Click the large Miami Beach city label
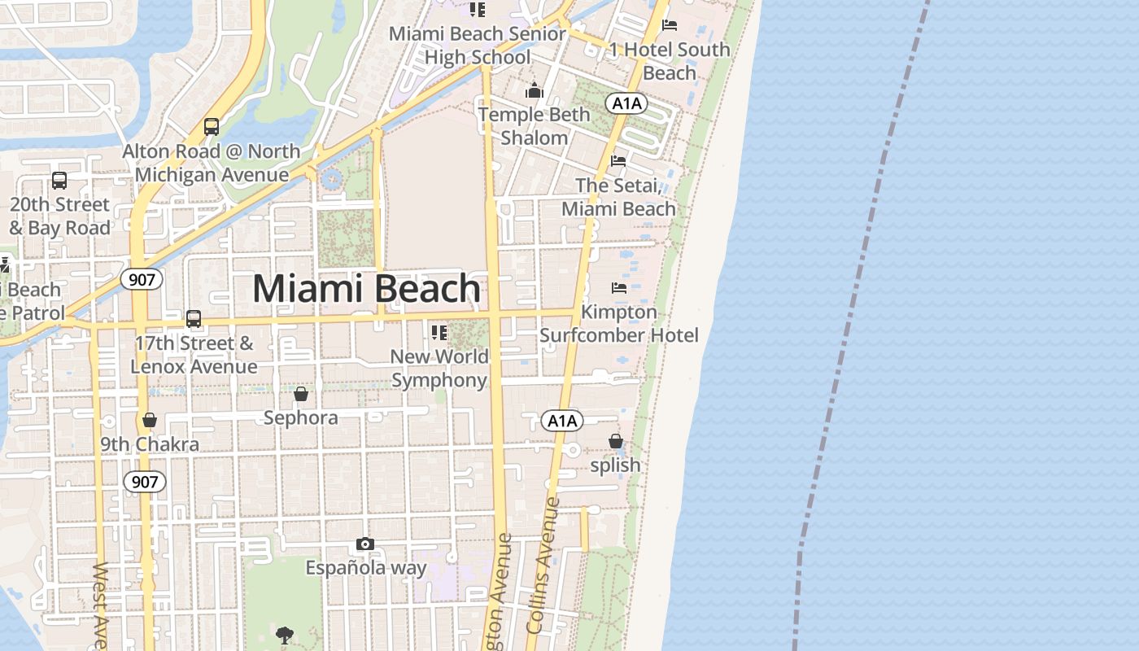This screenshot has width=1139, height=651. coord(366,289)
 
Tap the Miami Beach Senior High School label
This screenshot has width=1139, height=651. coord(478,46)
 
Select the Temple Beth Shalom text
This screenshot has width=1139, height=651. coord(534,126)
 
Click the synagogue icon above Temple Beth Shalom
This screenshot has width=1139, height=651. coord(535,90)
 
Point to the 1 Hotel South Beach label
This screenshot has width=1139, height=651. coord(670,61)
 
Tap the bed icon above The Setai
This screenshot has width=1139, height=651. coord(618,161)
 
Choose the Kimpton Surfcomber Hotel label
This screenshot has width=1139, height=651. coord(619,324)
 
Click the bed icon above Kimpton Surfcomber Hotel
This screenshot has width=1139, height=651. coord(619,287)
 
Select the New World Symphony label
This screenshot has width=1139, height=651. coord(439,369)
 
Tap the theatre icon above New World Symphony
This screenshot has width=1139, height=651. coord(439,332)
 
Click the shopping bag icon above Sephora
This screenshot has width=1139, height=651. coord(301,394)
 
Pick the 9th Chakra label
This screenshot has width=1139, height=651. coord(150,444)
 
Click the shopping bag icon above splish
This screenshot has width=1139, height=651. coord(616,441)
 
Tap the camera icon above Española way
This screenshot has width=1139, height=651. coord(365,544)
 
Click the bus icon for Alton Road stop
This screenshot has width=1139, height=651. coord(212,126)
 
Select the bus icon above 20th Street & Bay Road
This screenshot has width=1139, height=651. coord(59,180)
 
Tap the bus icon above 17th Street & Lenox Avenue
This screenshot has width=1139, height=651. coord(194,318)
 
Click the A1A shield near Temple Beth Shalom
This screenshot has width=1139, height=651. coord(626,103)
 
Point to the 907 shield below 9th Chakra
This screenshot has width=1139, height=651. coord(145,482)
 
